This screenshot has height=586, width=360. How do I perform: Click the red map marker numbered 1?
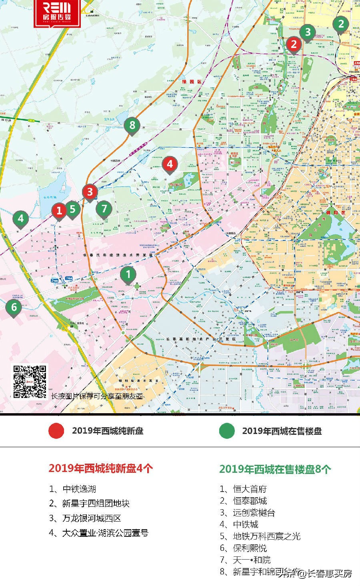59,210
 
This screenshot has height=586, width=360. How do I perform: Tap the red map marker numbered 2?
294,44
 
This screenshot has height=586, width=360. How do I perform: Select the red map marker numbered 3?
90,192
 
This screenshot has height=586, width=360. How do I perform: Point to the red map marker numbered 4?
170,164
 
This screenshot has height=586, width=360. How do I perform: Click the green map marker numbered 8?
132,125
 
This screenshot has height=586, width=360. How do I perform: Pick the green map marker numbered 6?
14,307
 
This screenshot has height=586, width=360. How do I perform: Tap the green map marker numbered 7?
104,208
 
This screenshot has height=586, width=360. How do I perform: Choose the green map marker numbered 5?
72,208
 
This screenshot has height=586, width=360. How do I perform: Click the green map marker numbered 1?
128,274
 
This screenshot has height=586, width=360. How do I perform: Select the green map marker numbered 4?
21,218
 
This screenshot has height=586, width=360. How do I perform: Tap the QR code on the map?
30,382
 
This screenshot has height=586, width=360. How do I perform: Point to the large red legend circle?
56,431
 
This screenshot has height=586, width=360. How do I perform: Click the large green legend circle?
227,431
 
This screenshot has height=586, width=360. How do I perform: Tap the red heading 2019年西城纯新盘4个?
101,468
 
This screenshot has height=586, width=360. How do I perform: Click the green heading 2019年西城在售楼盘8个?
275,469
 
